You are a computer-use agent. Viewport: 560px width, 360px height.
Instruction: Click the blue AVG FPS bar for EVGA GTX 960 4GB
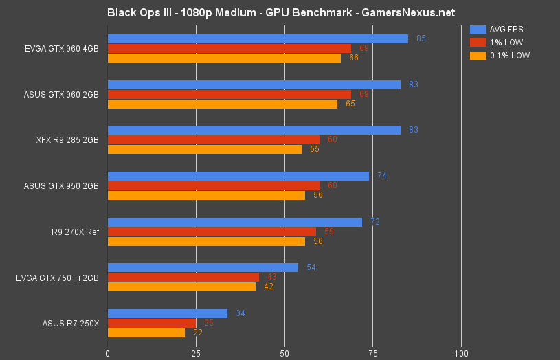(x=258, y=38)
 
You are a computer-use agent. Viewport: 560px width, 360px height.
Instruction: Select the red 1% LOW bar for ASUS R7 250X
(x=152, y=323)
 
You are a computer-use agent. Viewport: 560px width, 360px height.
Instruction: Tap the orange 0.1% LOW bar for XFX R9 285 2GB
(x=205, y=149)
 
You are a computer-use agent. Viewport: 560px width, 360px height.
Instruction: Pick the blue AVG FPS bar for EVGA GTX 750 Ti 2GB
(x=203, y=267)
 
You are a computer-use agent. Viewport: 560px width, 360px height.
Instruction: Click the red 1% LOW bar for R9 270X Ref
(x=212, y=232)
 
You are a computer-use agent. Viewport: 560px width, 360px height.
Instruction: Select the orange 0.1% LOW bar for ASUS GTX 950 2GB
(x=206, y=195)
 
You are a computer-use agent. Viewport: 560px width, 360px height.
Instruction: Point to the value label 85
(x=421, y=38)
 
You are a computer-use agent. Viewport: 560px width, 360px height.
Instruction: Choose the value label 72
(x=375, y=222)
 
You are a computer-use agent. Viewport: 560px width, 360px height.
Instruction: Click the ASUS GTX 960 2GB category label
(x=60, y=94)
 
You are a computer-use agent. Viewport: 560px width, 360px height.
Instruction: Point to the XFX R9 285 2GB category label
(x=64, y=139)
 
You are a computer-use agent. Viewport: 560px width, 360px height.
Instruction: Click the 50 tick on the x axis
(x=284, y=353)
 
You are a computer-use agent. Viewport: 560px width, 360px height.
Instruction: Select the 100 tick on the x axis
(x=461, y=353)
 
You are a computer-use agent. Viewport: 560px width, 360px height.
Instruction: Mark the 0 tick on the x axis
(x=108, y=353)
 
